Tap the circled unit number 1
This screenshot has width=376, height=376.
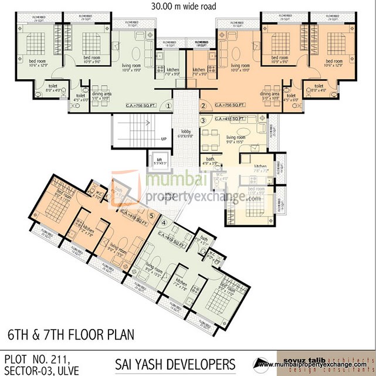click(168, 106)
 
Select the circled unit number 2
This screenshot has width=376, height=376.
click(204, 106)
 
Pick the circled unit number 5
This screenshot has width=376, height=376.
click(151, 215)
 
